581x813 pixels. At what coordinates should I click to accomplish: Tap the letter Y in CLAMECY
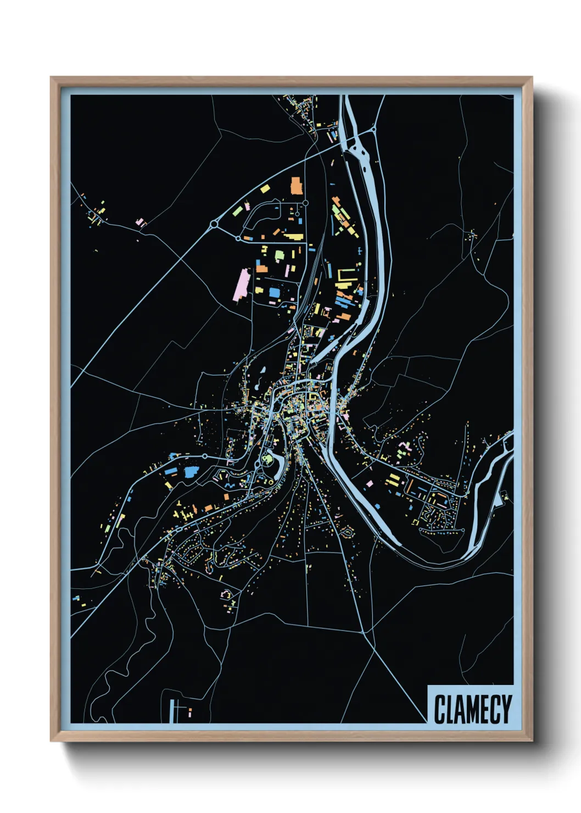point(505,709)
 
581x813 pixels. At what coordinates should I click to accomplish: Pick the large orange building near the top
point(296,186)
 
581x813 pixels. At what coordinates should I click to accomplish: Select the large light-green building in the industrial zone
point(280,255)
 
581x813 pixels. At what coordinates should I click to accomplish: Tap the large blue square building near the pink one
point(273,293)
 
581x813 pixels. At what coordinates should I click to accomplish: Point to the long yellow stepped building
point(293,237)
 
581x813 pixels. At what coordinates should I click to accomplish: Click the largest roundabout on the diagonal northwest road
point(214,224)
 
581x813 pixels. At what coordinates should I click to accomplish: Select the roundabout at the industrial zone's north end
point(305,203)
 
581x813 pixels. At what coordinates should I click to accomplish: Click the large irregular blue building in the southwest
point(191,472)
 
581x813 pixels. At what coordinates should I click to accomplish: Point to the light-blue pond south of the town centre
point(278,467)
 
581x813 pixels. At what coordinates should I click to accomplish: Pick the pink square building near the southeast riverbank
point(369,484)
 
